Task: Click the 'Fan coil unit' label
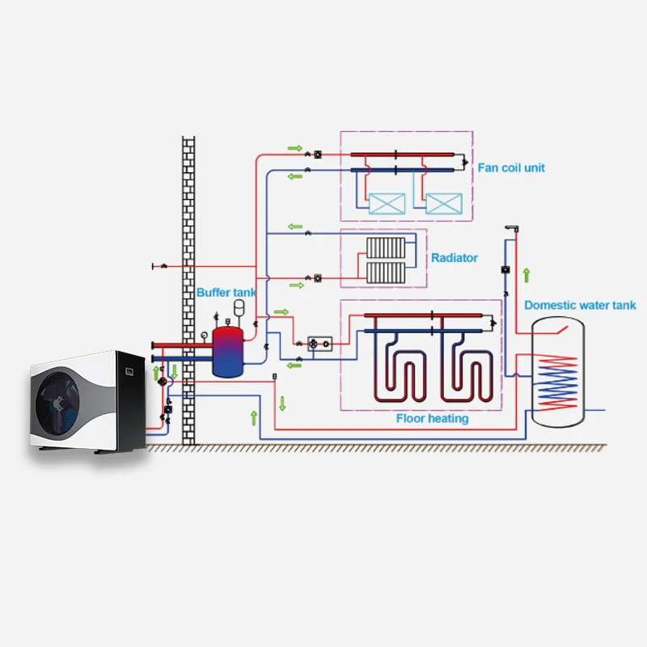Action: (511, 167)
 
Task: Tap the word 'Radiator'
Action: (454, 258)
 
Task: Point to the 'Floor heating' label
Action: (432, 419)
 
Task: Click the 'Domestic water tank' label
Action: (580, 305)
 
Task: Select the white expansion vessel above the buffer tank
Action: (239, 306)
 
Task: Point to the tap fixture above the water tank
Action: (510, 229)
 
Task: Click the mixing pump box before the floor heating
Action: (321, 344)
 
